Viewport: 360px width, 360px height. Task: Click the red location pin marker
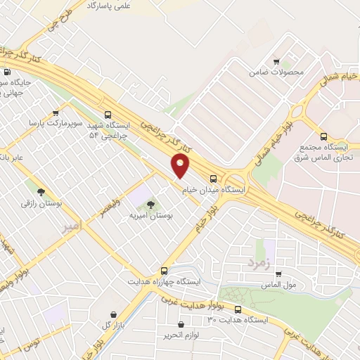click(x=181, y=166)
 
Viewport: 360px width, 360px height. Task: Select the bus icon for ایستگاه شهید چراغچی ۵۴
click(x=108, y=115)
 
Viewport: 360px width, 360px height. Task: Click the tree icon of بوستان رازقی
click(x=41, y=191)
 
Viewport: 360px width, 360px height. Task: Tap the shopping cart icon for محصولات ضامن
click(x=276, y=61)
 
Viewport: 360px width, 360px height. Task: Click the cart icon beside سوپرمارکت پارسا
click(x=55, y=111)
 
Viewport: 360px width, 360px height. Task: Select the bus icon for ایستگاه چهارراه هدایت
click(x=165, y=271)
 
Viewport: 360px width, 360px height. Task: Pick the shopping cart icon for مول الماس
click(x=279, y=274)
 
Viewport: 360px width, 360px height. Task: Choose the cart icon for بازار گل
click(x=113, y=314)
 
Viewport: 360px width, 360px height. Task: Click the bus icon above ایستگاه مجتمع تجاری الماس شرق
click(x=323, y=136)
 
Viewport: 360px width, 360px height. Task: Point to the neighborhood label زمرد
click(x=258, y=262)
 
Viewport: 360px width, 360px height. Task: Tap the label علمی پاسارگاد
click(x=109, y=6)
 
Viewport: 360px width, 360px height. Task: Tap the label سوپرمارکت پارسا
click(x=56, y=122)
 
